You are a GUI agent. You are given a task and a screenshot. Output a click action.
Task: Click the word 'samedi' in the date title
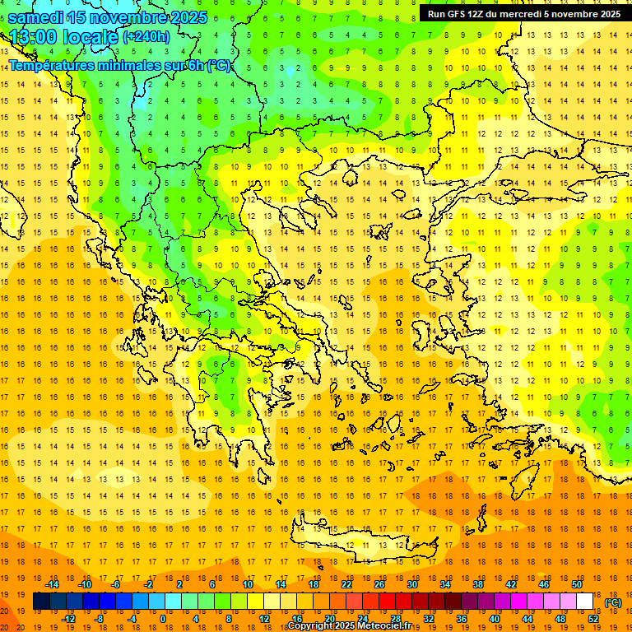[x=36, y=16]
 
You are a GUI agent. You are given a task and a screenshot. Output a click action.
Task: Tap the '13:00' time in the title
[x=35, y=37]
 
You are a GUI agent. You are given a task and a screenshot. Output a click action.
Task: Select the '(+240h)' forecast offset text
[x=146, y=37]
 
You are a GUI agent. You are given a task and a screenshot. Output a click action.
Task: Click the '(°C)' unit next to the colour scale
[x=613, y=602]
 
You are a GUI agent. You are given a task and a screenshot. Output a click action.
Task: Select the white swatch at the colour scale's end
[x=584, y=602]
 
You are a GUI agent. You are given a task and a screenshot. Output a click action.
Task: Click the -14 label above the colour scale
[x=52, y=584]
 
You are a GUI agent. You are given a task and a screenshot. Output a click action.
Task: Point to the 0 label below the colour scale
[x=162, y=619]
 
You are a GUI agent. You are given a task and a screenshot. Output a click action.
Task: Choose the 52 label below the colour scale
[x=593, y=619]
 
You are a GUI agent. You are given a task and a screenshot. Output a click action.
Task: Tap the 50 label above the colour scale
[x=577, y=584]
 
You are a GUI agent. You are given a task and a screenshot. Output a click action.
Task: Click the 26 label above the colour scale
[x=379, y=584]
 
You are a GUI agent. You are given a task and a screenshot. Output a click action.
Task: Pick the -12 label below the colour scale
[x=68, y=619]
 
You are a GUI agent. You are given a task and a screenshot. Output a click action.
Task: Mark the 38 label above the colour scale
[x=478, y=584]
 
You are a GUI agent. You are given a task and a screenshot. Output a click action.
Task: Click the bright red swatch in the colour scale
[x=387, y=602]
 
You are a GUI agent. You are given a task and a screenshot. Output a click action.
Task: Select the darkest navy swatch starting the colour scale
[x=41, y=602]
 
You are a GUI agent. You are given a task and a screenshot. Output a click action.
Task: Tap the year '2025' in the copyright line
[x=340, y=626]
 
